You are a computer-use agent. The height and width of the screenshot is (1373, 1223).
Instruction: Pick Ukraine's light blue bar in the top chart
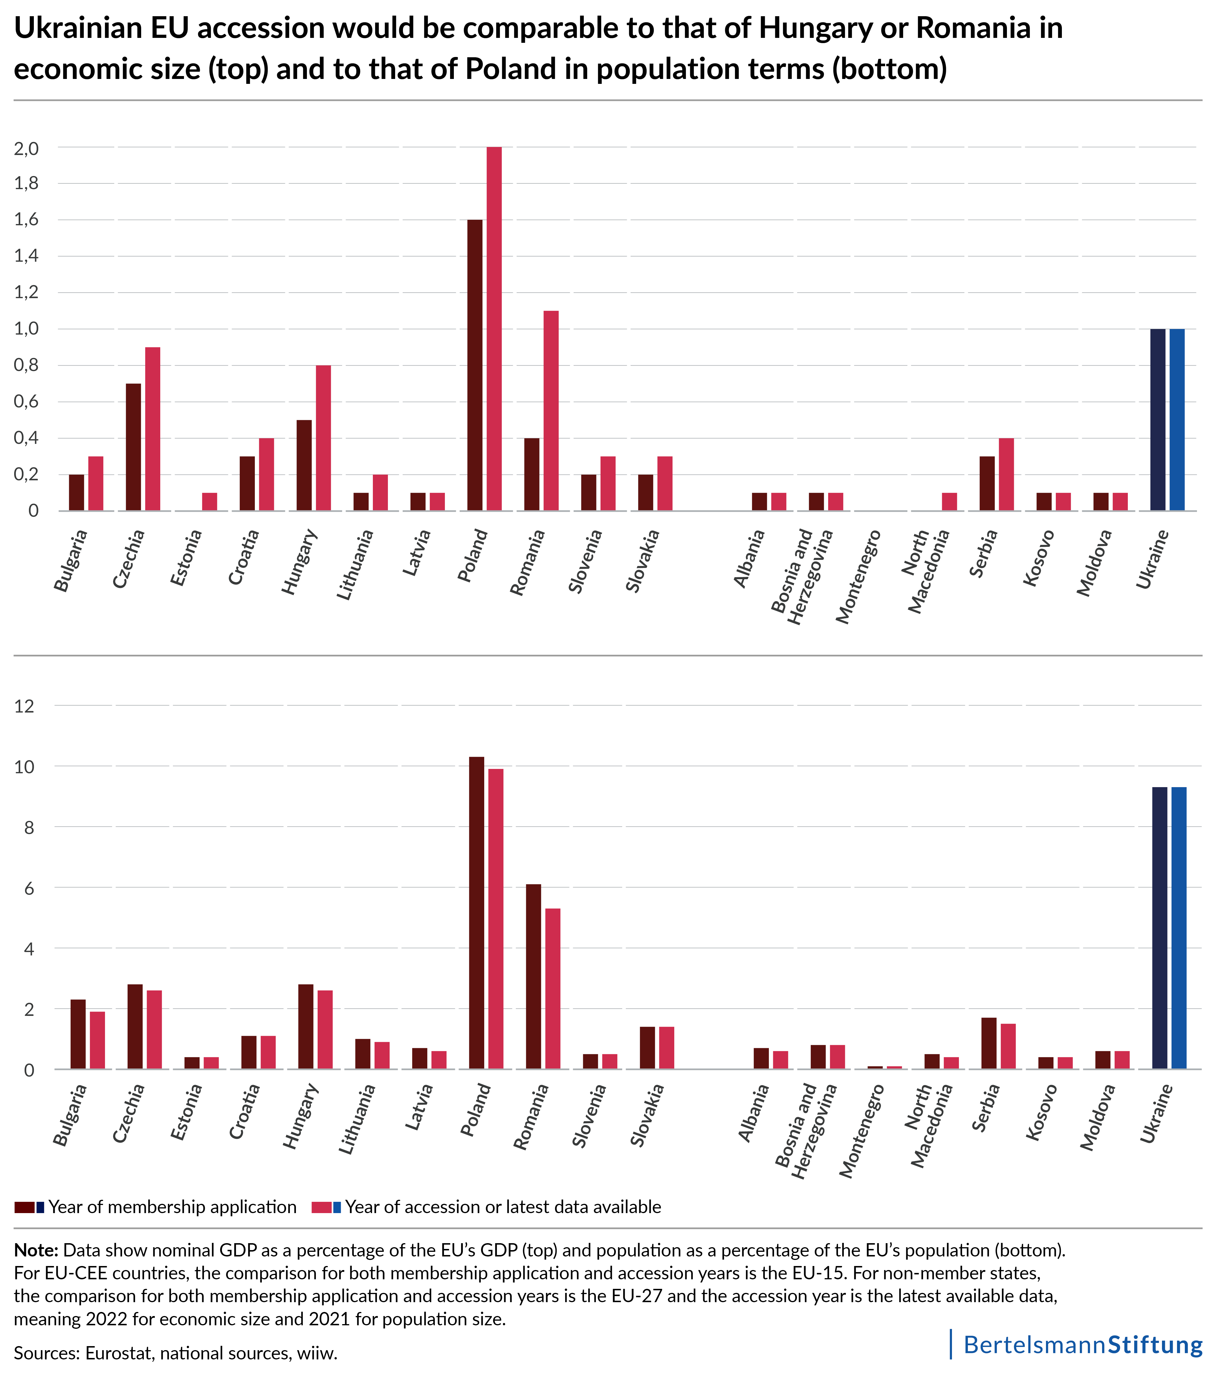[x=1177, y=420]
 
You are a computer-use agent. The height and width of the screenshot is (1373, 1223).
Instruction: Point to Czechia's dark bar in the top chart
[x=133, y=447]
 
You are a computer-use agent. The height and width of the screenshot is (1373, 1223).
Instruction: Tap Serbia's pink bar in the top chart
[x=1006, y=474]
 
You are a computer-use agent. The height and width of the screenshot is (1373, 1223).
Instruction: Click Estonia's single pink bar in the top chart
[x=210, y=502]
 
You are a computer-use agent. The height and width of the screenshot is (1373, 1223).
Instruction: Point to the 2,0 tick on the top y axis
[x=26, y=148]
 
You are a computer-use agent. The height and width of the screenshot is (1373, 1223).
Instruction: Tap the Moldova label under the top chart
[x=1094, y=563]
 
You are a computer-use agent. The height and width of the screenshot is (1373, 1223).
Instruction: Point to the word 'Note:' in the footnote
[x=36, y=1251]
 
